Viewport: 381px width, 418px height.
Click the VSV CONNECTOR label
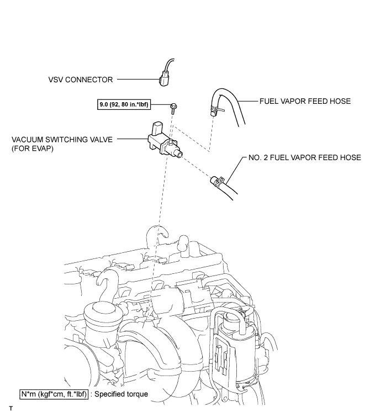click(x=81, y=80)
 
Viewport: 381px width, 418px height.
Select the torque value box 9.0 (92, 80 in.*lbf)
click(x=124, y=104)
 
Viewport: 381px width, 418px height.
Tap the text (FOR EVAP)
click(x=33, y=149)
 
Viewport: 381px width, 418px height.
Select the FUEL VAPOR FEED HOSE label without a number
click(x=305, y=101)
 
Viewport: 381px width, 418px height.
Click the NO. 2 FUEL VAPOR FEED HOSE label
click(x=304, y=157)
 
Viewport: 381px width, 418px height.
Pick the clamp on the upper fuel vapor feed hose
click(x=216, y=109)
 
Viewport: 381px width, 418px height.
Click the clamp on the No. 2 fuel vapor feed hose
click(x=218, y=181)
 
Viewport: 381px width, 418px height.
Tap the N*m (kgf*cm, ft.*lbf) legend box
click(x=54, y=394)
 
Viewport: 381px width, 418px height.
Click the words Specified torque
click(x=121, y=394)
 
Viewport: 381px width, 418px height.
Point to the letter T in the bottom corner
click(x=11, y=409)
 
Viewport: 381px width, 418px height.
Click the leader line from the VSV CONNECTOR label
click(x=138, y=79)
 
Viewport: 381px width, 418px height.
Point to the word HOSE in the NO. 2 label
click(x=350, y=157)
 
